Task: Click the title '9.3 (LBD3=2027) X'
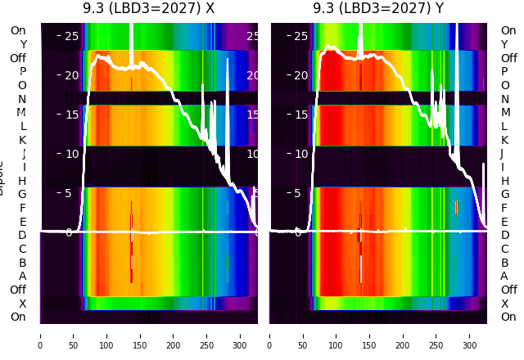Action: [x=148, y=8]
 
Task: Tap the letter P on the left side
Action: [x=23, y=72]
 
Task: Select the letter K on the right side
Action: [x=504, y=140]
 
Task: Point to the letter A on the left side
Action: [x=23, y=277]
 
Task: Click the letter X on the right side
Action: [x=504, y=304]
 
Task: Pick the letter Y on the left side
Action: [x=23, y=45]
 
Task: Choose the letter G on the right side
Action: [x=504, y=195]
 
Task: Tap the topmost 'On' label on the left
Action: [x=18, y=31]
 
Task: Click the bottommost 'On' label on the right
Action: [x=508, y=317]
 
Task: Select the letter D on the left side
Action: [x=23, y=236]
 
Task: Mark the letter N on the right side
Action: [x=504, y=99]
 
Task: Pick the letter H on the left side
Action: [x=23, y=181]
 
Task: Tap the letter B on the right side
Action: [x=504, y=263]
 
